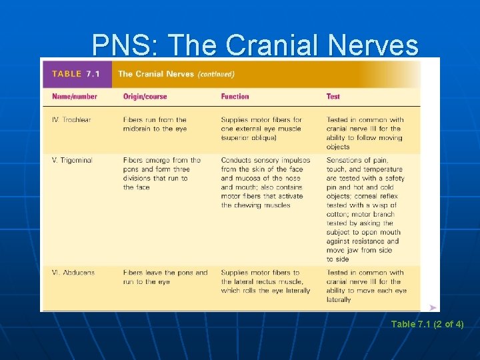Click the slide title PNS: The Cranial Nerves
point(255,45)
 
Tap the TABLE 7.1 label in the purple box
point(76,74)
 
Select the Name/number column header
point(75,97)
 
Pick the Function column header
point(235,97)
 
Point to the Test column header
point(333,97)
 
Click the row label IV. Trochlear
point(71,120)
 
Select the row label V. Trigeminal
point(73,161)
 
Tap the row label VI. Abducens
point(73,273)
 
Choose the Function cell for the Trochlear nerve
point(261,129)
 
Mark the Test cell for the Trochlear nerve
point(364,133)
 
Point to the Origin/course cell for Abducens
point(165,277)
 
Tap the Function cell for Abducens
point(265,281)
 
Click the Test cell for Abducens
point(365,286)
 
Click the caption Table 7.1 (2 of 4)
point(427,325)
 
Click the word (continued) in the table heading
point(215,74)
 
